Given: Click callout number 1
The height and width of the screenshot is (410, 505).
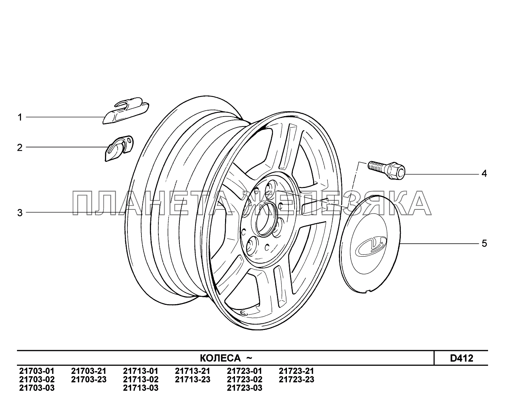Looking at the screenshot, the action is [20, 118].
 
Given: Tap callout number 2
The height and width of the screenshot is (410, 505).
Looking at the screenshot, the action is [20, 147].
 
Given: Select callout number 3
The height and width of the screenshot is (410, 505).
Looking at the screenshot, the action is [20, 213].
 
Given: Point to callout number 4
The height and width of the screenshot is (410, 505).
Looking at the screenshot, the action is [484, 174].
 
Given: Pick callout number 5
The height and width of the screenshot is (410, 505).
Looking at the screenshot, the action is [484, 243].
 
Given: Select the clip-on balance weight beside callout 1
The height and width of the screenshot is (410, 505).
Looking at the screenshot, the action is [126, 111].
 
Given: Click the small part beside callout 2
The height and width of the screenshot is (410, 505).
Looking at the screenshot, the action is [119, 149].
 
